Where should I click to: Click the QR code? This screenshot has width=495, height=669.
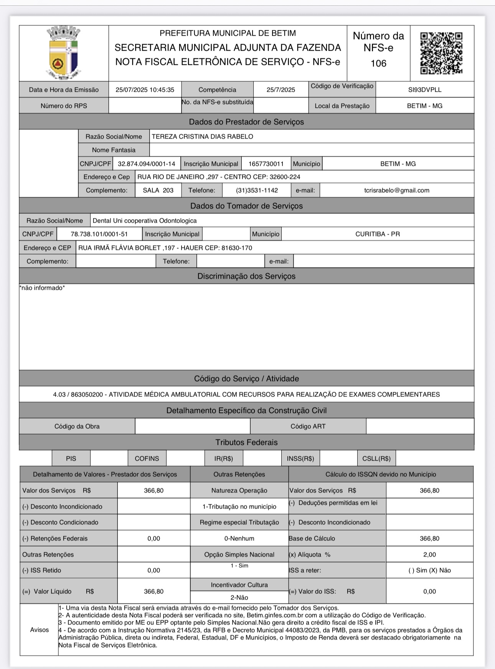(x=441, y=53)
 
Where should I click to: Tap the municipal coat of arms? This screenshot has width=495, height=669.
(x=64, y=53)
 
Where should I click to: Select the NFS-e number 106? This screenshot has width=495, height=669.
(x=378, y=63)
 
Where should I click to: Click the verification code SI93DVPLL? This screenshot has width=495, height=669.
(x=425, y=90)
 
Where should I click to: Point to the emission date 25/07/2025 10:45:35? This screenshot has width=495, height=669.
(x=145, y=90)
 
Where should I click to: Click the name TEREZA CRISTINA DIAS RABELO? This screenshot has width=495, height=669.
(x=203, y=137)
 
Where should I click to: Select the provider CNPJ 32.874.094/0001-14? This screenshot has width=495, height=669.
(x=147, y=164)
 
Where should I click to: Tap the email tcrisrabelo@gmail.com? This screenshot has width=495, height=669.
(x=397, y=190)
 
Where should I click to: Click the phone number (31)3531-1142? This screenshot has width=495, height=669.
(x=257, y=190)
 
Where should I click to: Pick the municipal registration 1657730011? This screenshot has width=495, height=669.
(x=266, y=164)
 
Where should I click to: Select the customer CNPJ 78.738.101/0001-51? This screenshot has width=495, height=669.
(x=99, y=234)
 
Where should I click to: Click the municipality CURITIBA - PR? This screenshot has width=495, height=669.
(x=378, y=234)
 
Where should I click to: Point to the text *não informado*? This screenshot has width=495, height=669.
(x=42, y=288)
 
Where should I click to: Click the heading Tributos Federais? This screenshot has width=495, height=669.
(x=246, y=443)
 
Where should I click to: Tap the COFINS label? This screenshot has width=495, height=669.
(x=147, y=459)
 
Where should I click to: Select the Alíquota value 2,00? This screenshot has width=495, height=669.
(x=429, y=555)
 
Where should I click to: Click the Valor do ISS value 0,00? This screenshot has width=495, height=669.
(x=429, y=591)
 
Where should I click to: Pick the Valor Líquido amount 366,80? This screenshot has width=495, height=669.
(x=153, y=591)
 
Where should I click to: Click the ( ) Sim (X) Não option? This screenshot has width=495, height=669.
(x=429, y=570)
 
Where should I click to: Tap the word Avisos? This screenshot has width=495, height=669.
(x=40, y=630)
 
